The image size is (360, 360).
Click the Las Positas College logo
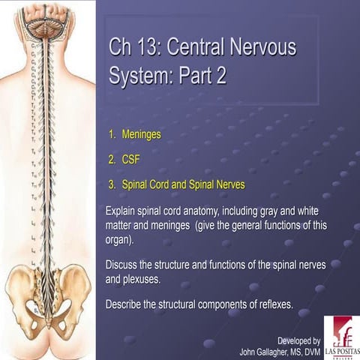[341, 336]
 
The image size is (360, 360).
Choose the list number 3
[111, 183]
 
